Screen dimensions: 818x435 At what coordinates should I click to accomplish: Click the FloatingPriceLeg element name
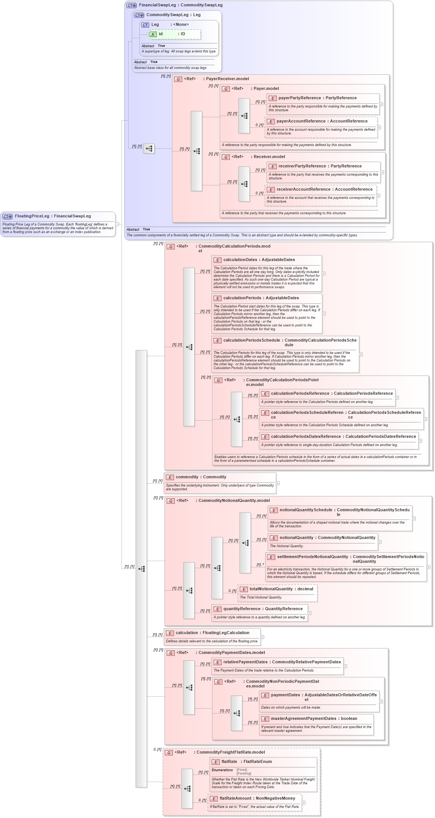32,216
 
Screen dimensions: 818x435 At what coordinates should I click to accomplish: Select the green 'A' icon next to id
153,34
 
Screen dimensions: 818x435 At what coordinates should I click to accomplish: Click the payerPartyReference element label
300,98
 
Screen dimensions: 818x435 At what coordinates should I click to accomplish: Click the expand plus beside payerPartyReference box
381,104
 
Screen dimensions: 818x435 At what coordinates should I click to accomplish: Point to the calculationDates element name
240,260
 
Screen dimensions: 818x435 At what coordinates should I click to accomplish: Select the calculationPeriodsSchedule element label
252,340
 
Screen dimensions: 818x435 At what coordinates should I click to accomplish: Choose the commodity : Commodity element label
201,477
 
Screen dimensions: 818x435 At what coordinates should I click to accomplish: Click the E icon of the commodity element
170,478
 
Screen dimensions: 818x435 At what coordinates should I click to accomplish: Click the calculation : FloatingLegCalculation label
212,633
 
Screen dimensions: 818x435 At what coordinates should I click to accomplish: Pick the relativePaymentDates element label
245,662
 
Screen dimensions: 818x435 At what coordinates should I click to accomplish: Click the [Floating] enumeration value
244,773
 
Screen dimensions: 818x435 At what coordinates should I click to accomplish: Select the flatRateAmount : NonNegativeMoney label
257,799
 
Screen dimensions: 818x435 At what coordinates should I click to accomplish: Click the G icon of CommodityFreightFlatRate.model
169,753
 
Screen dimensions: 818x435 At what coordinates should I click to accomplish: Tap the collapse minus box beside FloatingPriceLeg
117,224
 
